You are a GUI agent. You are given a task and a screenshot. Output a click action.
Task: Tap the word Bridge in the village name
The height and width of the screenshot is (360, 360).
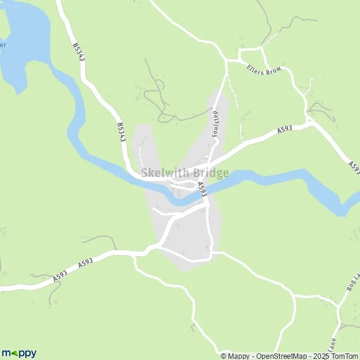pyautogui.click(x=211, y=173)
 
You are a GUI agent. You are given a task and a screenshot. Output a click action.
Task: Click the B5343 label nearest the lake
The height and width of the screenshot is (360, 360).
pyautogui.click(x=77, y=51)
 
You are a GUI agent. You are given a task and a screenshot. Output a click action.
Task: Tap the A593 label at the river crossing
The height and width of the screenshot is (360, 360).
pyautogui.click(x=202, y=190)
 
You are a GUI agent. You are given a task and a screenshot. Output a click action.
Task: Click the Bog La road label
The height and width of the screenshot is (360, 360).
pyautogui.click(x=353, y=281)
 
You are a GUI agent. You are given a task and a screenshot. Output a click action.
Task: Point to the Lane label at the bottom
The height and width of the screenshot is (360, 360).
pyautogui.click(x=331, y=347)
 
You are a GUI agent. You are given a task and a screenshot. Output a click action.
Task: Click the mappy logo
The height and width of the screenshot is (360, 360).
pyautogui.click(x=19, y=353)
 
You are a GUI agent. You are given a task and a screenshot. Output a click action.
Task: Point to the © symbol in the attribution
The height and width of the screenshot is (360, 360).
pyautogui.click(x=224, y=356)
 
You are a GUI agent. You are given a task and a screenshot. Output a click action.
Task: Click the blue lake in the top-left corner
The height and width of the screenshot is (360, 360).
pyautogui.click(x=24, y=36)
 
